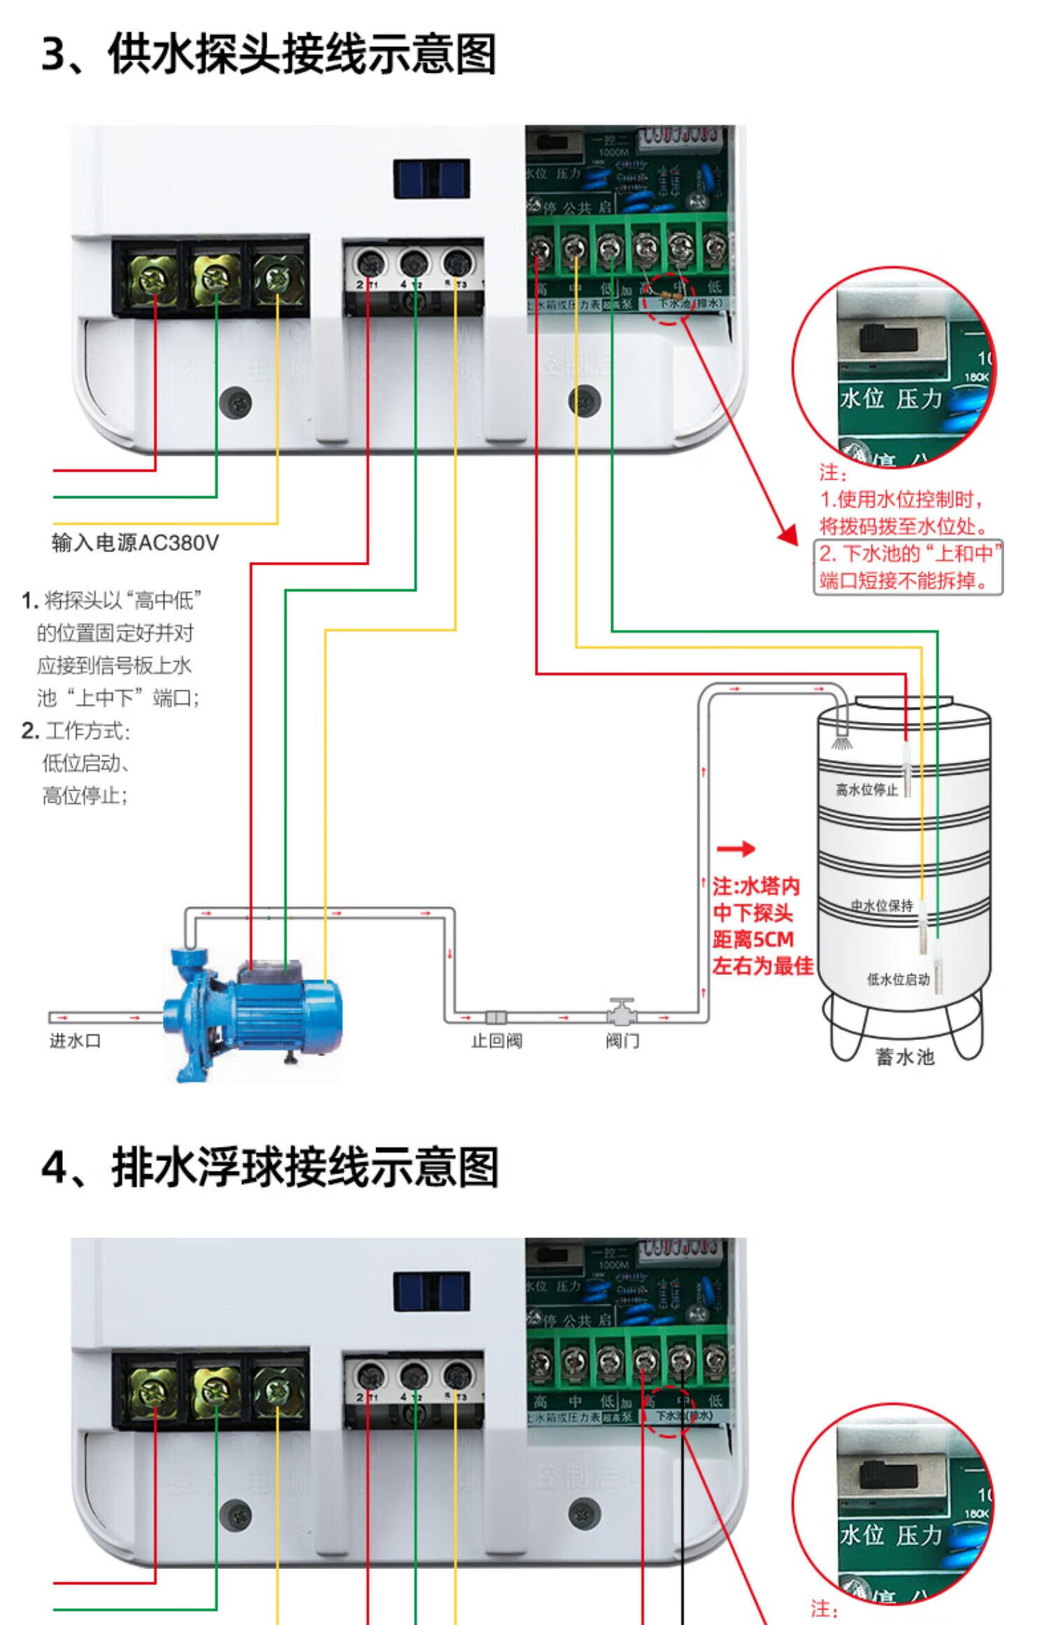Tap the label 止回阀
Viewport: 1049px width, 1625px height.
[496, 1041]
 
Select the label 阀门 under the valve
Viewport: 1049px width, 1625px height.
[622, 1041]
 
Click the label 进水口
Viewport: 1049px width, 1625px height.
[75, 1041]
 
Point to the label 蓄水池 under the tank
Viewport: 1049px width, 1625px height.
[904, 1057]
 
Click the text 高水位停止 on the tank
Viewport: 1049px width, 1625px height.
[866, 789]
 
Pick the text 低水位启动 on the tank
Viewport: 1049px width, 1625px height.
[898, 979]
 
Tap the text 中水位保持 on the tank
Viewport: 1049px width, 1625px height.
[882, 906]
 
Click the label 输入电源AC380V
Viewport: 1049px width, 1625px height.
[135, 543]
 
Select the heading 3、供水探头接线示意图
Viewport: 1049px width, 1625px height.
[269, 54]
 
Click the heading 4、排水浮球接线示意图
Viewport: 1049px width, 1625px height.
[270, 1167]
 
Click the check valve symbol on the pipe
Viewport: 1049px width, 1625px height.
[496, 1017]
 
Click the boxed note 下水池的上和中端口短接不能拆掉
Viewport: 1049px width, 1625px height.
[908, 568]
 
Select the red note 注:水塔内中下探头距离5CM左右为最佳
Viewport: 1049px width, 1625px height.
[761, 926]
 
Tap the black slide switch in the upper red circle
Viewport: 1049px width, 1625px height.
[887, 339]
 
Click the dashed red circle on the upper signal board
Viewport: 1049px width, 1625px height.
[668, 300]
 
